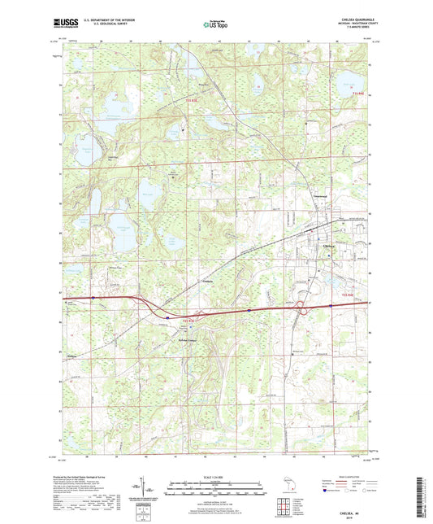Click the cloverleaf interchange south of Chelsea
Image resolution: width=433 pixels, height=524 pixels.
tap(301, 306)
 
